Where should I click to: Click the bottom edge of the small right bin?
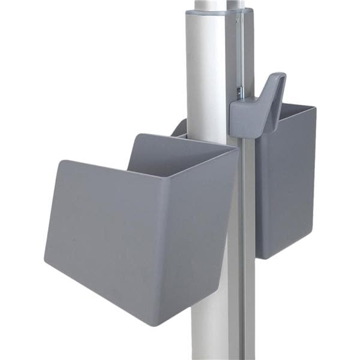pyautogui.click(x=282, y=257)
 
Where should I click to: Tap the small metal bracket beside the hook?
pyautogui.click(x=239, y=93)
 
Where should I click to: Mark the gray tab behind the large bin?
pyautogui.click(x=179, y=127)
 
